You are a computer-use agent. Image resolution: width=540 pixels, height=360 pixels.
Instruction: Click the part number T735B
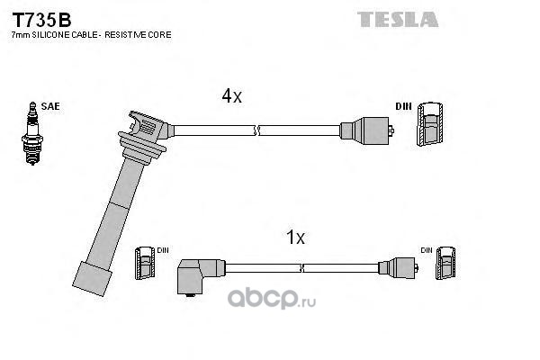tap(41, 20)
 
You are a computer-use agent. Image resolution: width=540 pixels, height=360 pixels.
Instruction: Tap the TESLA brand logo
tap(398, 19)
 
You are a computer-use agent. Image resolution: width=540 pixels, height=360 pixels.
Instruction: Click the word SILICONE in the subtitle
tap(57, 35)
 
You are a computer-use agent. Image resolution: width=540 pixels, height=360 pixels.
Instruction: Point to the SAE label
tap(50, 106)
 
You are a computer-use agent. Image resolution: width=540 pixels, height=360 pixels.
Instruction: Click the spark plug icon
tap(32, 133)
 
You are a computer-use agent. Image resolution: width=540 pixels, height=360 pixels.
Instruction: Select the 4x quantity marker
tap(232, 95)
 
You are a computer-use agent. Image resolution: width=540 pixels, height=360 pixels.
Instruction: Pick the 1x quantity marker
tap(295, 237)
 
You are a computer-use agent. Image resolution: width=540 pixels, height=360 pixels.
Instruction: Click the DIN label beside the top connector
tap(403, 106)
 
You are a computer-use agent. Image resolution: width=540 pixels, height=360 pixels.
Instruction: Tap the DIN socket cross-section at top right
tap(430, 123)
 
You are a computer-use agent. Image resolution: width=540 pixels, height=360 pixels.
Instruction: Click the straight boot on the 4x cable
tap(367, 130)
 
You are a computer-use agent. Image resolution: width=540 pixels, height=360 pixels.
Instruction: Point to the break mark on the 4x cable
tap(256, 130)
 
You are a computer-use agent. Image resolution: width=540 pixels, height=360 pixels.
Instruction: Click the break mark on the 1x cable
tap(301, 268)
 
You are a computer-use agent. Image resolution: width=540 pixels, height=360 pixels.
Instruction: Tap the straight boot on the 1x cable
tap(398, 268)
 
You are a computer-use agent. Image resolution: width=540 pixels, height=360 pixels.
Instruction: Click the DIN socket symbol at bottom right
tap(445, 263)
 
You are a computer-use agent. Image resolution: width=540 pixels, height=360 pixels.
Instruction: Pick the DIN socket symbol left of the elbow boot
tap(145, 263)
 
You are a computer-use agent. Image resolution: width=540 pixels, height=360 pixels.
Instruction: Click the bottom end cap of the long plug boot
tap(93, 279)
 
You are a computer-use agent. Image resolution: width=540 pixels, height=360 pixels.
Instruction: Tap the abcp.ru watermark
tap(272, 298)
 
